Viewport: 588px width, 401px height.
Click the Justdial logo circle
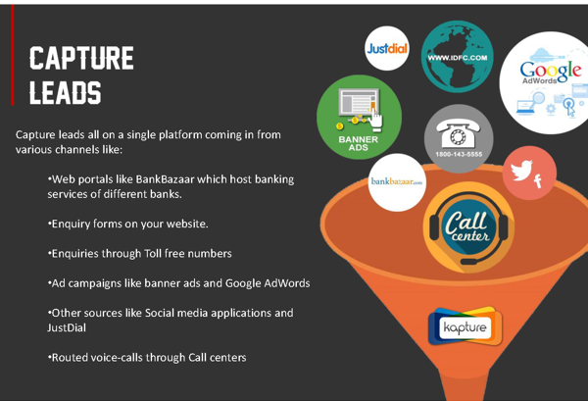tap(387, 48)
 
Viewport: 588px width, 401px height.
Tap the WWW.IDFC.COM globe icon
tap(457, 57)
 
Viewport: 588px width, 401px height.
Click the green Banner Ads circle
tap(359, 117)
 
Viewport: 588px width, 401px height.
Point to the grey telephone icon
tap(459, 134)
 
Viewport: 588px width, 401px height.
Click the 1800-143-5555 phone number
tap(459, 154)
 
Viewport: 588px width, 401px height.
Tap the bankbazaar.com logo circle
tap(397, 182)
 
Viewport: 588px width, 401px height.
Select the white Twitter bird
tap(521, 170)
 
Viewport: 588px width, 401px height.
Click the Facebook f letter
tap(538, 181)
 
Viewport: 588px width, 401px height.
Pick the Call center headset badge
tap(468, 227)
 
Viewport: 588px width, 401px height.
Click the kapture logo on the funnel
tap(465, 326)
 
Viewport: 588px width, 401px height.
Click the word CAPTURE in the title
tap(81, 58)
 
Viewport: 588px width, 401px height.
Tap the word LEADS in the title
tap(66, 93)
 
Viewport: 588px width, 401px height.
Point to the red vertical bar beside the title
tap(13, 55)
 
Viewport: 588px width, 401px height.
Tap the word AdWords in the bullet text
tap(286, 283)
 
